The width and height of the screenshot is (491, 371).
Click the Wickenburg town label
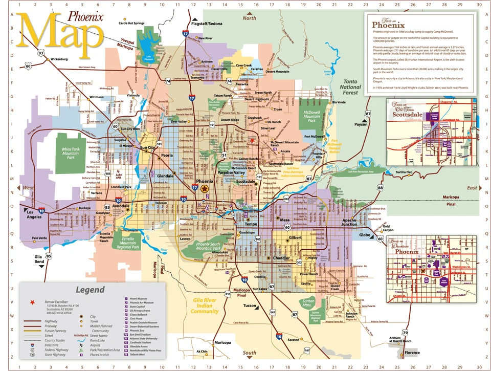coord(59,59)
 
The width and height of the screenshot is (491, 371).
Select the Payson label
coord(361,124)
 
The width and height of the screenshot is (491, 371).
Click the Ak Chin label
coord(188,352)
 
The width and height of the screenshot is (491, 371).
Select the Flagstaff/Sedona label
coord(207,24)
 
